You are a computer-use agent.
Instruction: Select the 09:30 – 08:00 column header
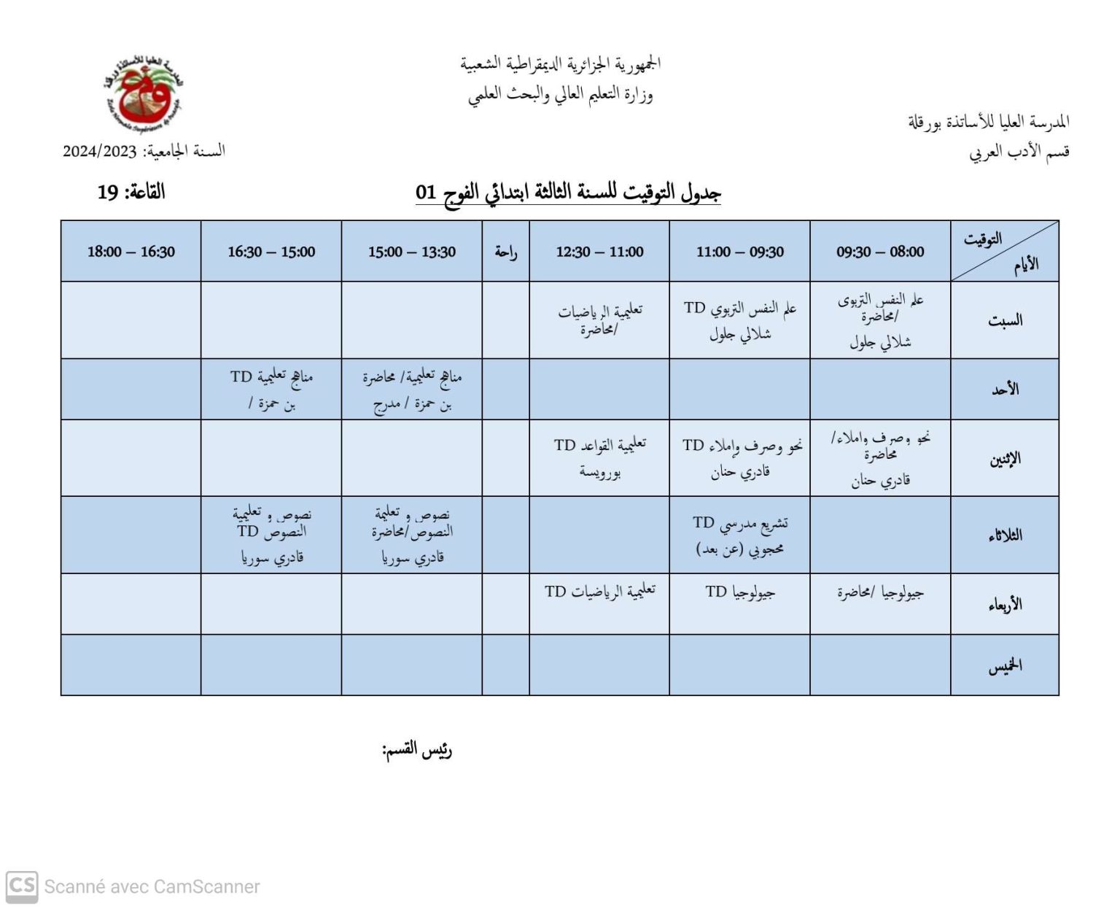pos(880,252)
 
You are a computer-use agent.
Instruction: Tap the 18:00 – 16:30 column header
pos(131,252)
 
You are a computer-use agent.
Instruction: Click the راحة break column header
pos(505,252)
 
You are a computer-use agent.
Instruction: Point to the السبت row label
pos(1005,320)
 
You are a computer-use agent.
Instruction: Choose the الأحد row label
pos(1005,389)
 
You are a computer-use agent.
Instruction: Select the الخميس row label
pos(1005,665)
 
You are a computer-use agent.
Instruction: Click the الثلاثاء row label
pos(1005,535)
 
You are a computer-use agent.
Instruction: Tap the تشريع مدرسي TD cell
pos(739,535)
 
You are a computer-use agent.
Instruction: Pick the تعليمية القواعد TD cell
pos(599,457)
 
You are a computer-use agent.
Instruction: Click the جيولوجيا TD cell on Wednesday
pos(739,592)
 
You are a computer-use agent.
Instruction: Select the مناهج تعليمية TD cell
pos(271,389)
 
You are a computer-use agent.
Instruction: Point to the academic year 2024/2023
pos(100,151)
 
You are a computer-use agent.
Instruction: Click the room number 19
pos(108,193)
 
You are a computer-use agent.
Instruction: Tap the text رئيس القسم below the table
pos(417,750)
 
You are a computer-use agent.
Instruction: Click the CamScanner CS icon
pos(22,886)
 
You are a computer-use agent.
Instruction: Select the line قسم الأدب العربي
pos(1019,152)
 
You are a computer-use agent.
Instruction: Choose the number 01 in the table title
pos(426,193)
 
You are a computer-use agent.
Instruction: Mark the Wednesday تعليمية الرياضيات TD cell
pos(599,591)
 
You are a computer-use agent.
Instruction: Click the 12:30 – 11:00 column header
pos(599,252)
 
